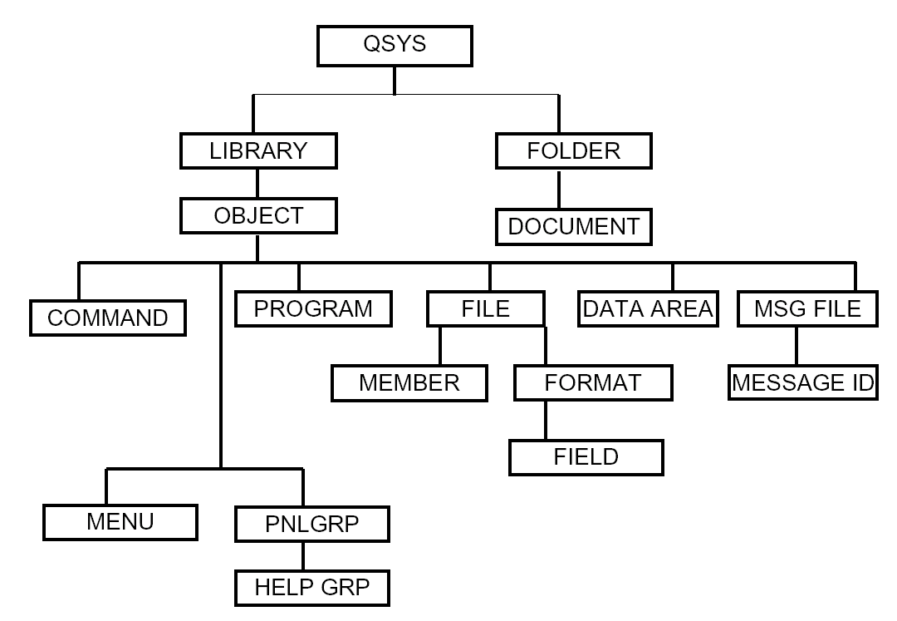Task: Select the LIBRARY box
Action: pos(258,151)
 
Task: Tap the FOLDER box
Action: pos(574,151)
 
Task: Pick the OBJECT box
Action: pos(258,216)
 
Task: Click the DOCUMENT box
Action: pos(574,226)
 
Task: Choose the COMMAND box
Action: pos(108,318)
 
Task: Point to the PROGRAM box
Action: pos(313,308)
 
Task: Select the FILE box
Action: pos(486,309)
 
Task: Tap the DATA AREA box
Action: pos(648,309)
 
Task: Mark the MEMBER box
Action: pos(409,382)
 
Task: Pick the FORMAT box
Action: pos(593,382)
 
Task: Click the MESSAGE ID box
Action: pos(803,383)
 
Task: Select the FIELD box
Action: pos(586,456)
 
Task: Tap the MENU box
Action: pos(120,522)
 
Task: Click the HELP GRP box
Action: pos(311,589)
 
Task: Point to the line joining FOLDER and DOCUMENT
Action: pos(559,190)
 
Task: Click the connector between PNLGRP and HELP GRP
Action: pos(302,556)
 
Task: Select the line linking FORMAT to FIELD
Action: pos(546,421)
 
